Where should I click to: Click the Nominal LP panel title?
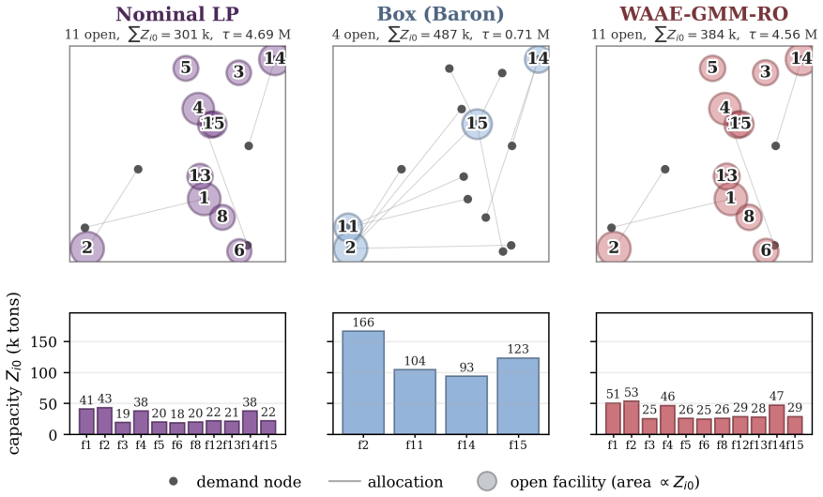click(177, 14)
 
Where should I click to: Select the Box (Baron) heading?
click(440, 14)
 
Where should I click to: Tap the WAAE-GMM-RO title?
click(704, 14)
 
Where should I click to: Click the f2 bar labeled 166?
click(363, 383)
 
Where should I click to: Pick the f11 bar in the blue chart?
click(415, 401)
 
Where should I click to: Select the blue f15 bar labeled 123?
click(518, 396)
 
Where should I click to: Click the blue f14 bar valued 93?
click(466, 405)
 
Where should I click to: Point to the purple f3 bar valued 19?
click(122, 429)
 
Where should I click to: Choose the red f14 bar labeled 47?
click(776, 419)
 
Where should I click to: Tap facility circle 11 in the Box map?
click(347, 227)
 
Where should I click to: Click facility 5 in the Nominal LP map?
click(186, 68)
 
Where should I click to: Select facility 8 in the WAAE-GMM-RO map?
click(749, 216)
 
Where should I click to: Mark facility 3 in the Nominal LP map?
click(238, 72)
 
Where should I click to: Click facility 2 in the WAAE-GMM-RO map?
click(614, 248)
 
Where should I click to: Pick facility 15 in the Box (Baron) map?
click(477, 124)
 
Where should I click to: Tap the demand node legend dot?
click(174, 481)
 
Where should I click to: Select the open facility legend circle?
click(487, 481)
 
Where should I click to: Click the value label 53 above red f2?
click(631, 392)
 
